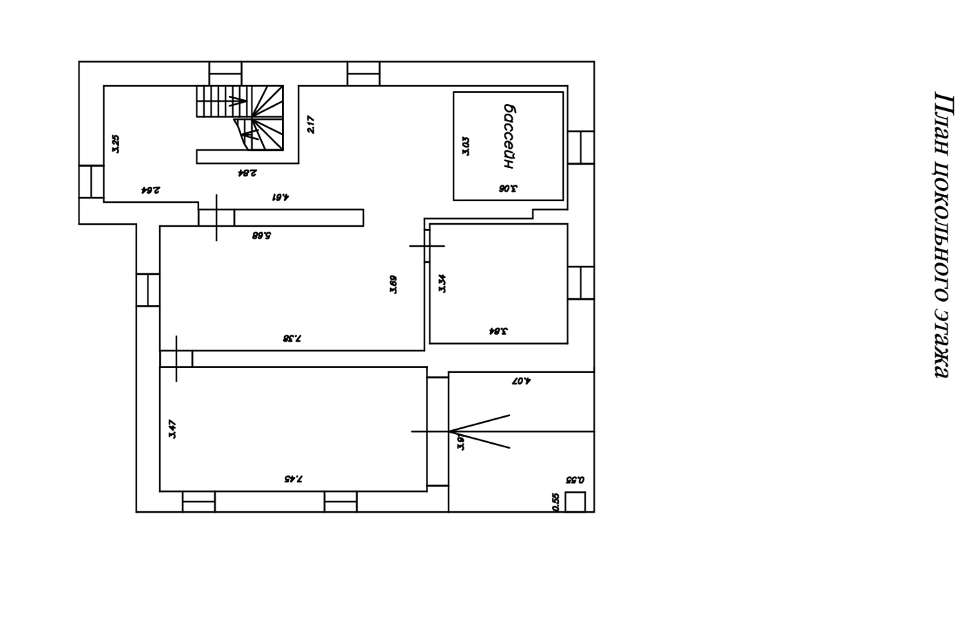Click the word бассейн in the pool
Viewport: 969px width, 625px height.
(x=509, y=136)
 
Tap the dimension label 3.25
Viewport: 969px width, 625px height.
(x=116, y=143)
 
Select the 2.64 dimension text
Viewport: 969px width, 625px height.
(x=151, y=189)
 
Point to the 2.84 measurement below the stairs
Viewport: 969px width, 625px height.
(x=247, y=172)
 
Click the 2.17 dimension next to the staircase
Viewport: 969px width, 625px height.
(x=310, y=124)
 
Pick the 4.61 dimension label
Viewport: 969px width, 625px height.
(x=280, y=196)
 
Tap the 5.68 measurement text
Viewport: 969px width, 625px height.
(x=261, y=235)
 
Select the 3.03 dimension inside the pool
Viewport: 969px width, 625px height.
(x=466, y=146)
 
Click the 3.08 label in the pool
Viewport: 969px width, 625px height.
(x=508, y=188)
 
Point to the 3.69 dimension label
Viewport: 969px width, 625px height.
(x=393, y=284)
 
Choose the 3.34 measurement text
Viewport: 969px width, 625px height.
(x=442, y=283)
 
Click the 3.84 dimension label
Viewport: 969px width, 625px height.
(x=498, y=331)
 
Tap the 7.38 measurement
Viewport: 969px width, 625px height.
(x=292, y=338)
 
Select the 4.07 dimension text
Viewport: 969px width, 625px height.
(x=521, y=380)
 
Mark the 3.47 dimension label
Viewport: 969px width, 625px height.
(x=172, y=429)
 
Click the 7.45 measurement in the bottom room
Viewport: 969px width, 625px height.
(x=293, y=478)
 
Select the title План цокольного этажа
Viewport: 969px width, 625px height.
(x=942, y=234)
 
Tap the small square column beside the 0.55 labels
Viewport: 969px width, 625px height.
(x=575, y=502)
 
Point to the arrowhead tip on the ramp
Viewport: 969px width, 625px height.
(x=451, y=432)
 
